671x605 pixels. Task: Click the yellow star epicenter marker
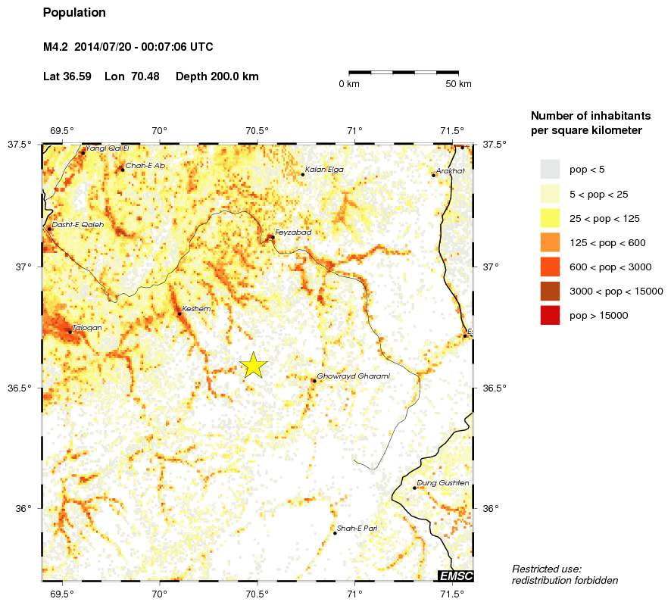pos(254,365)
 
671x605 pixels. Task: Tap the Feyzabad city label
pos(293,232)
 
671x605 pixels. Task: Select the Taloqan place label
pos(86,328)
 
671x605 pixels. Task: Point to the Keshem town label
pos(196,309)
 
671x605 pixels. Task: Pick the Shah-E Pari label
pos(357,528)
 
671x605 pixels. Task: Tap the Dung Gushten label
pos(443,483)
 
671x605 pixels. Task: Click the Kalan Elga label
pos(324,170)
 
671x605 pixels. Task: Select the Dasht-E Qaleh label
pos(78,224)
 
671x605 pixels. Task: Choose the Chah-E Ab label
pos(145,165)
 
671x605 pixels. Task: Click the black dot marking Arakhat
pos(434,175)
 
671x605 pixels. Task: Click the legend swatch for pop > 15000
pos(550,316)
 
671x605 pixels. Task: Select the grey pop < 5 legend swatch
pos(550,170)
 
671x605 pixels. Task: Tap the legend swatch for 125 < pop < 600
pos(550,242)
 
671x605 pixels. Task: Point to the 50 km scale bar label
pos(458,84)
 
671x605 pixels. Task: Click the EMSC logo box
pos(456,576)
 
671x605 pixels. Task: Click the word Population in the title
pos(74,13)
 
